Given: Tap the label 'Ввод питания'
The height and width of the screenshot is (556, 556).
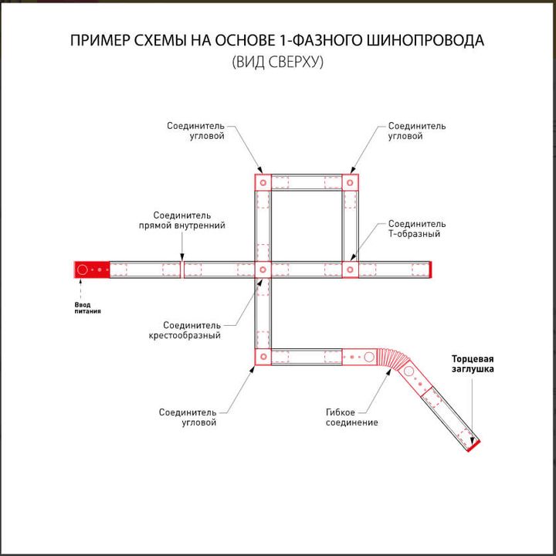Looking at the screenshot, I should tap(87, 307).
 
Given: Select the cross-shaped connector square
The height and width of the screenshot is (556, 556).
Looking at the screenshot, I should tap(262, 270).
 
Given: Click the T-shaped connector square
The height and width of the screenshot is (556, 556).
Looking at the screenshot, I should tap(350, 270).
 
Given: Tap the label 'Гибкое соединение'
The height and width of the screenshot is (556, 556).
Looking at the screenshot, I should tap(351, 418).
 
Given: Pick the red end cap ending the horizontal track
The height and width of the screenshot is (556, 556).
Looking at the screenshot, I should tap(431, 270).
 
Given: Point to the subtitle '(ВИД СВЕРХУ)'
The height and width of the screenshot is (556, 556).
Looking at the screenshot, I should tap(278, 63).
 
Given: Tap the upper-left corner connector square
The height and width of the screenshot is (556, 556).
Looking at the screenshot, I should tap(262, 183).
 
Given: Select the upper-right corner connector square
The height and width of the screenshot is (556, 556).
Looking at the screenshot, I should tap(350, 183).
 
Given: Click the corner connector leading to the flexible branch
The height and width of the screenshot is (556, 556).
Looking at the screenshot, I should tap(262, 356).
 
